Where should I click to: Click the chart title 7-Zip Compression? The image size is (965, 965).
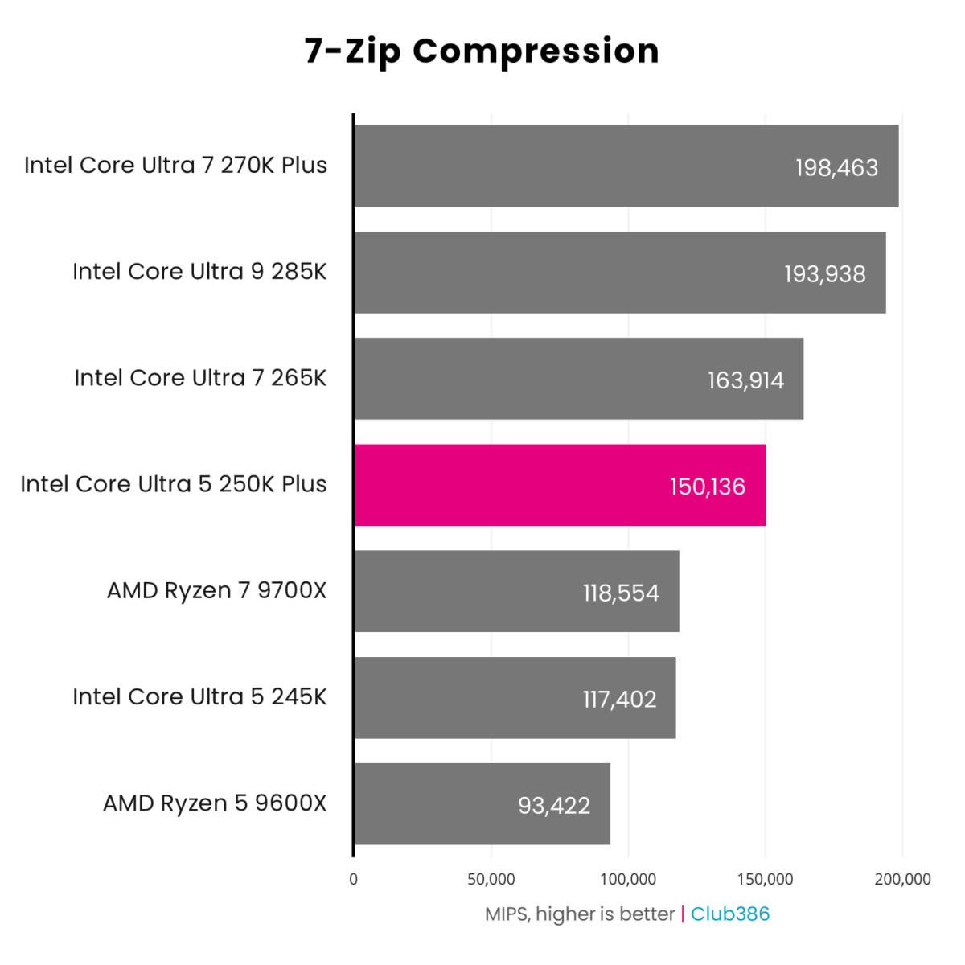coord(482,51)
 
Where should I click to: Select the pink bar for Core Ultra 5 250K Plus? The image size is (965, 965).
coord(560,485)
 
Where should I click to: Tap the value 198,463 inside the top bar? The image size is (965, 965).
coord(836,167)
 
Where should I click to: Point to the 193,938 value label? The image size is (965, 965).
coord(825,273)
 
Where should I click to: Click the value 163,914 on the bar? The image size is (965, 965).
coord(745,380)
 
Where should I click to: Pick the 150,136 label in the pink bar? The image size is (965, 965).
coord(708,487)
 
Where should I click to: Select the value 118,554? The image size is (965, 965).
coord(621,593)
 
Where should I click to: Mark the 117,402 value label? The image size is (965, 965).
coord(619,699)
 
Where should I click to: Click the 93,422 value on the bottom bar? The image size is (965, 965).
coord(554,805)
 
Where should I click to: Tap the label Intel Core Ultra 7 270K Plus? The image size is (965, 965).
coord(175,165)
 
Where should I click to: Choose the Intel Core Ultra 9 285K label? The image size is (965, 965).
coord(199,272)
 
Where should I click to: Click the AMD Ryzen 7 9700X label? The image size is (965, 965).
coord(217,590)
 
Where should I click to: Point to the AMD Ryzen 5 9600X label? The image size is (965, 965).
coord(215,803)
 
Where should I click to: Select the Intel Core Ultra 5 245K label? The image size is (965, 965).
coord(199,696)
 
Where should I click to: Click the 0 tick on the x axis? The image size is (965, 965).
coord(354,879)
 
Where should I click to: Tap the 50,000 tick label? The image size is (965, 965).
coord(491,879)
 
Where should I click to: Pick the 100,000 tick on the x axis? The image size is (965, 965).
coord(628,879)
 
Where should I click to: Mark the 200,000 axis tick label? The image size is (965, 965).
coord(902,879)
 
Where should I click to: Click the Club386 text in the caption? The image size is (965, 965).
coord(730,914)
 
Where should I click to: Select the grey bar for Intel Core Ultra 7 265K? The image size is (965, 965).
coord(579,379)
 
